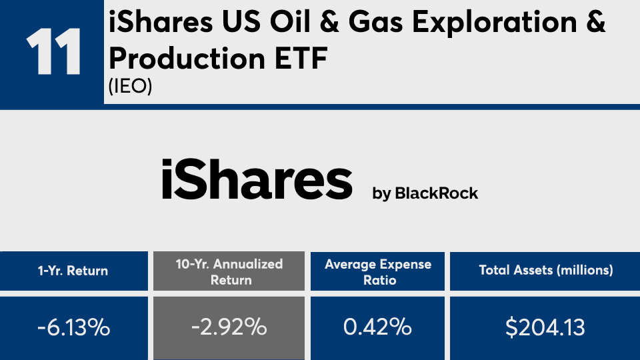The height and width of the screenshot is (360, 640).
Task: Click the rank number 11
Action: point(53,52)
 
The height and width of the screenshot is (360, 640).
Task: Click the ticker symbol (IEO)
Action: point(130,86)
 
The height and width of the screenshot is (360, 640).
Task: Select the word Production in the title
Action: point(187,59)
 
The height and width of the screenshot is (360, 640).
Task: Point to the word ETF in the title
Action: point(301,59)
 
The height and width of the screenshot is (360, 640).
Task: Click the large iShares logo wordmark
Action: point(257,179)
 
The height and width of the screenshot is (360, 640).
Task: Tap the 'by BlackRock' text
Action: point(425,193)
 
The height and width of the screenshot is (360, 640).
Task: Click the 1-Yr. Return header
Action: point(73,271)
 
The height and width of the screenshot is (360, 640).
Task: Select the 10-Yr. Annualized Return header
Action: point(229,272)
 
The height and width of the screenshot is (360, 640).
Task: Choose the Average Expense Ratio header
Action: point(378,272)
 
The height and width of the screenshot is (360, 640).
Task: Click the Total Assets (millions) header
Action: point(546,270)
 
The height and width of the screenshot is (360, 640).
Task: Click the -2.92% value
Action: point(229,327)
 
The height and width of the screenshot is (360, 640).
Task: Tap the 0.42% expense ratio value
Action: point(377,327)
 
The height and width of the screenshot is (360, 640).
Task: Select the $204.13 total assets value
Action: point(545,327)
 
